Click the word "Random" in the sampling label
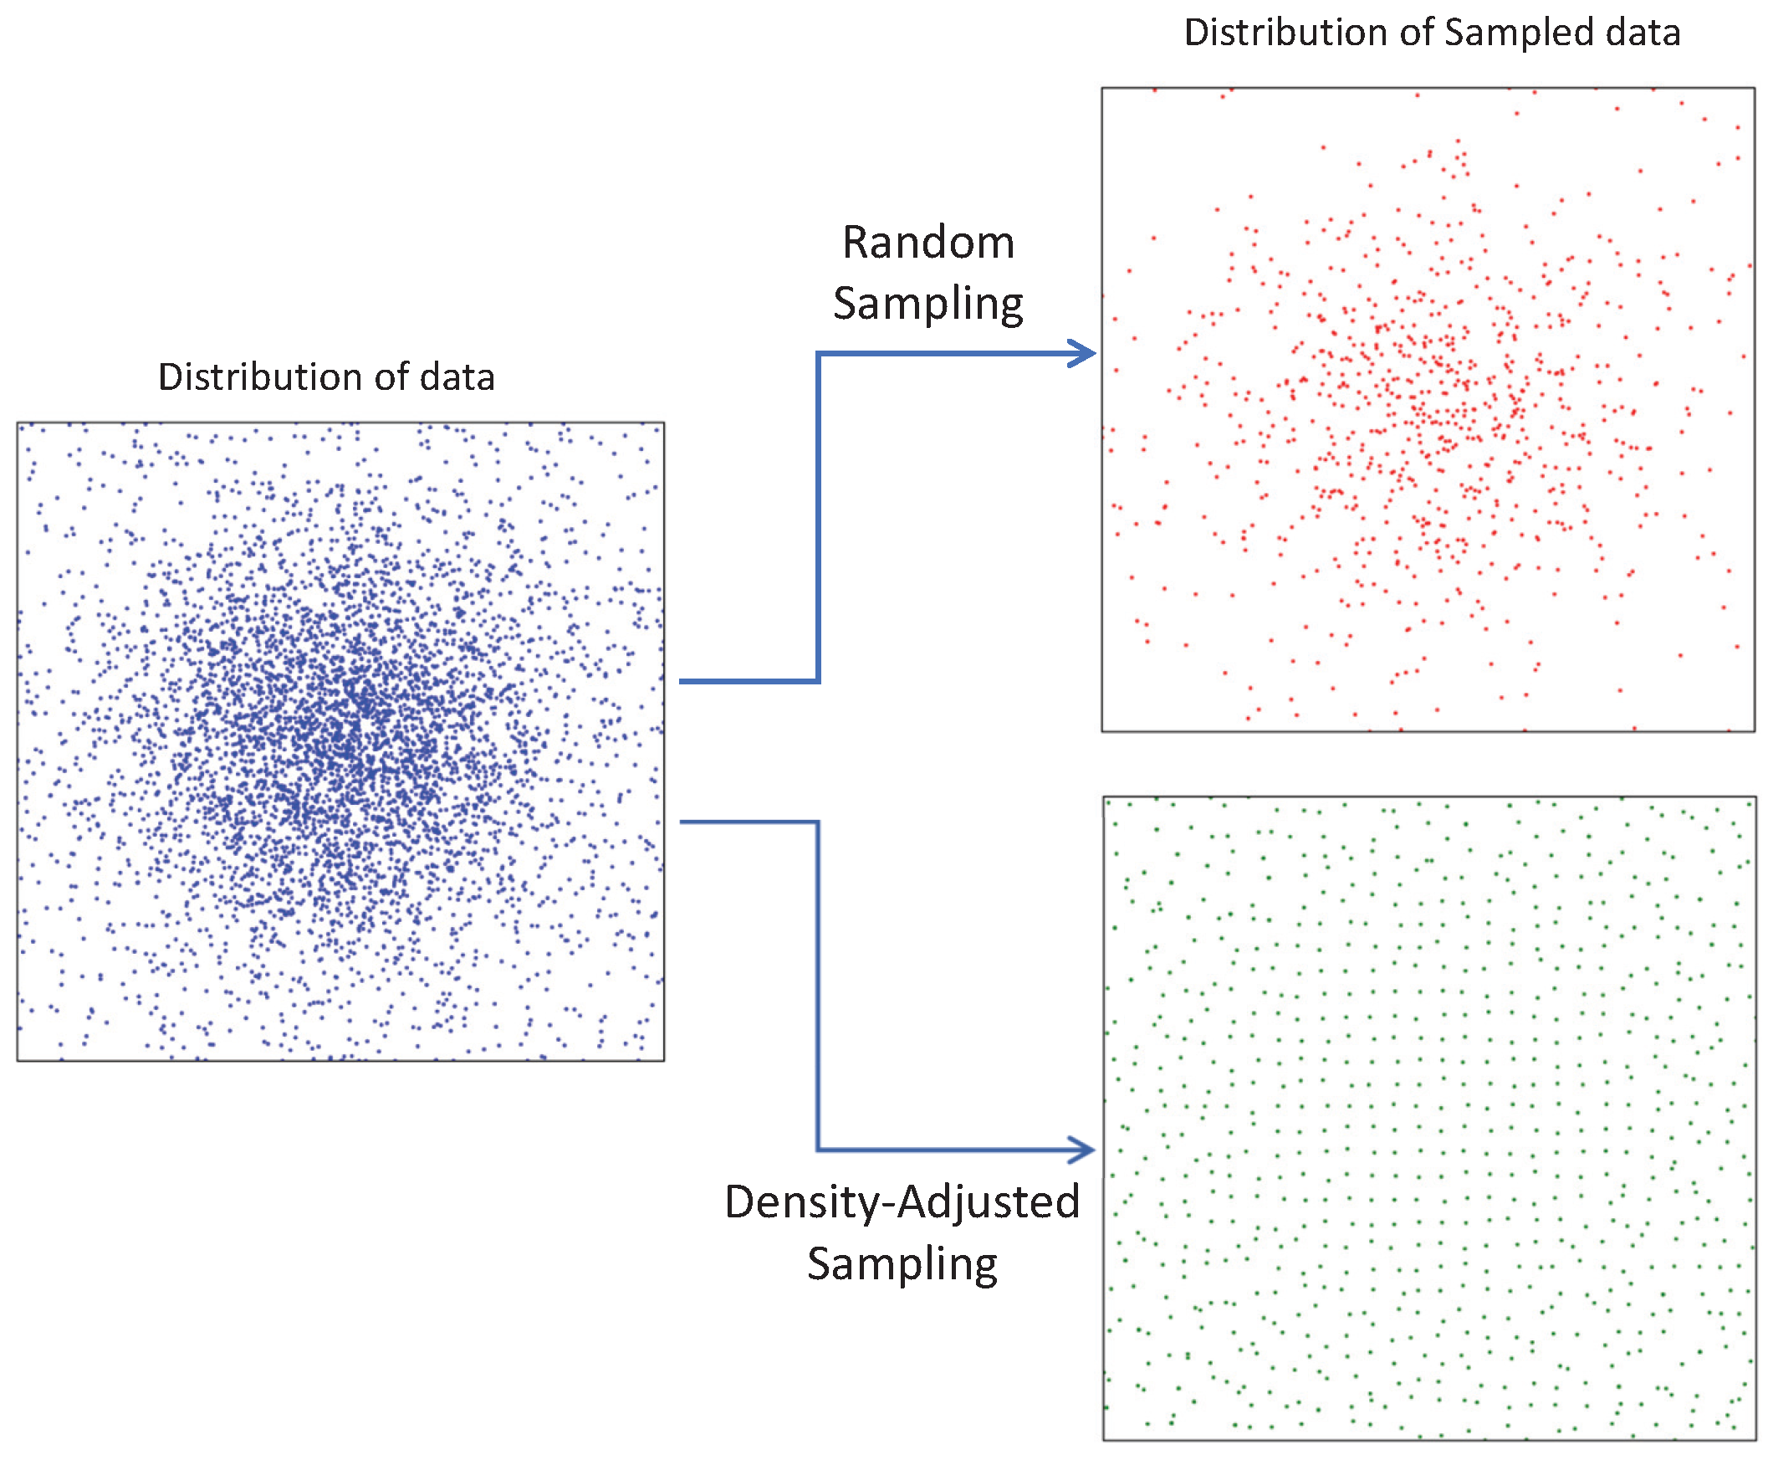click(928, 243)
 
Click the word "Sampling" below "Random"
click(928, 305)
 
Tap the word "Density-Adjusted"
click(902, 1201)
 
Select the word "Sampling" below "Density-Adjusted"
click(902, 1264)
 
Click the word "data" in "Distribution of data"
click(457, 377)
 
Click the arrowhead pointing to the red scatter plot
click(1085, 353)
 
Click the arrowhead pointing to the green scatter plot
click(1084, 1149)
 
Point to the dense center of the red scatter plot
click(1429, 403)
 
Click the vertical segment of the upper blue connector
click(818, 517)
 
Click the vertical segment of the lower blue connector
click(818, 984)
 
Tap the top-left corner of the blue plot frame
click(18, 423)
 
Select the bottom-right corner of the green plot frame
click(1755, 1440)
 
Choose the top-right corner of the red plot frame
click(1755, 89)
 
